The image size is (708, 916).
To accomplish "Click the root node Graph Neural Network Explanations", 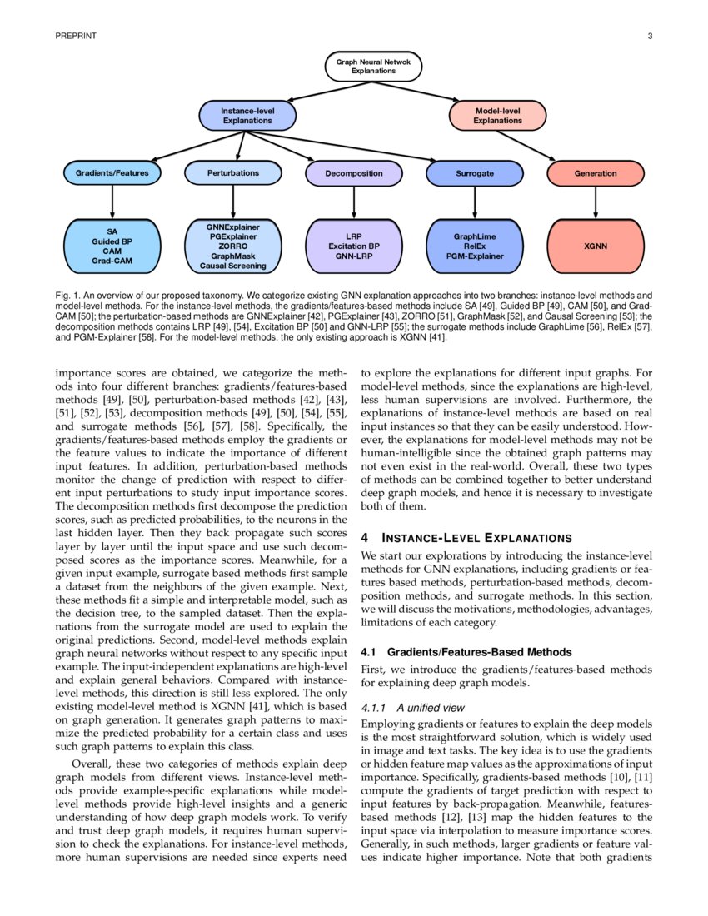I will [373, 67].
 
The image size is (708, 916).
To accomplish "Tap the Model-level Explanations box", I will [497, 116].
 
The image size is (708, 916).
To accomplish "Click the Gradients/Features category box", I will [112, 173].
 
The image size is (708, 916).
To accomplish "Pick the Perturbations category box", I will [233, 173].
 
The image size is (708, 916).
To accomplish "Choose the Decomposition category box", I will [354, 173].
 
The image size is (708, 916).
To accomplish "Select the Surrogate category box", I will [475, 173].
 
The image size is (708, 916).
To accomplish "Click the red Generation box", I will [596, 173].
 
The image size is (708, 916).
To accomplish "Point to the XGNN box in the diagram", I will [596, 246].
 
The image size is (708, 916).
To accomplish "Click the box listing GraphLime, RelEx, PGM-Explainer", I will [475, 246].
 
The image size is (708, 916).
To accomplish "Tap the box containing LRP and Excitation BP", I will [354, 246].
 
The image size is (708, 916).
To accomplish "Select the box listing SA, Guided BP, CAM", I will [112, 246].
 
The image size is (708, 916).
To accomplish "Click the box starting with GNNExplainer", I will [233, 246].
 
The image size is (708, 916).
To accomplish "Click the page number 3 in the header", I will [649, 36].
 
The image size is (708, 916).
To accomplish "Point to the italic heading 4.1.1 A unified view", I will [413, 707].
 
